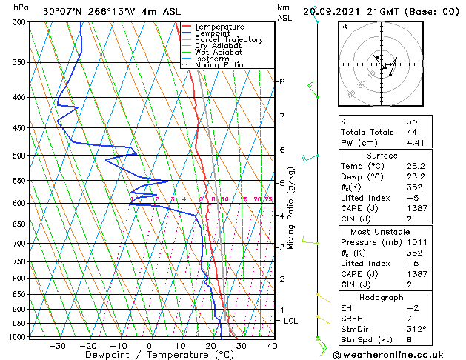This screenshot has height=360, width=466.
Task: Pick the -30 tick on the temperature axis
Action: pyautogui.click(x=57, y=345)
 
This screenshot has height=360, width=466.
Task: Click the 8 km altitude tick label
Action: pyautogui.click(x=282, y=81)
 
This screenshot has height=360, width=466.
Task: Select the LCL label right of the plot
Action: pyautogui.click(x=291, y=321)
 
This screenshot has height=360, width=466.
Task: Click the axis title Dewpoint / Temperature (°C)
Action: pyautogui.click(x=149, y=355)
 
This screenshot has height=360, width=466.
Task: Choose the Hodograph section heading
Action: pyautogui.click(x=382, y=297)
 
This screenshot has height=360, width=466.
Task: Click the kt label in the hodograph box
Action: pyautogui.click(x=344, y=27)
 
